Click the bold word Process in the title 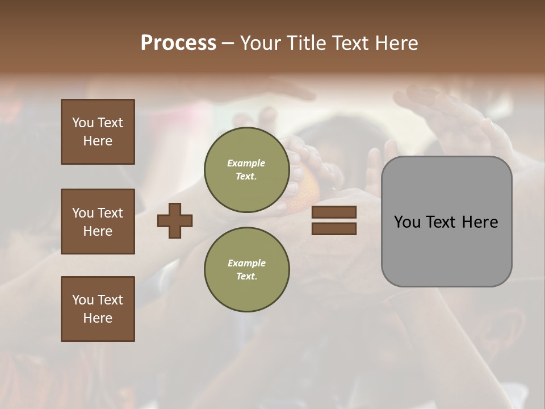178,43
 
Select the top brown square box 98,132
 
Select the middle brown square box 98,222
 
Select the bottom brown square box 98,308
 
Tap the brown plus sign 175,220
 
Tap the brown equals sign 334,220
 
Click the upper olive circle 246,170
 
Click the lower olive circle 246,269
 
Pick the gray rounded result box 446,222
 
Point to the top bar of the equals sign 334,212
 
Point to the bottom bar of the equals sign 334,228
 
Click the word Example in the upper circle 246,163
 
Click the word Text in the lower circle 246,276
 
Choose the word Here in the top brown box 98,141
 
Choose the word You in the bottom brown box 83,299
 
